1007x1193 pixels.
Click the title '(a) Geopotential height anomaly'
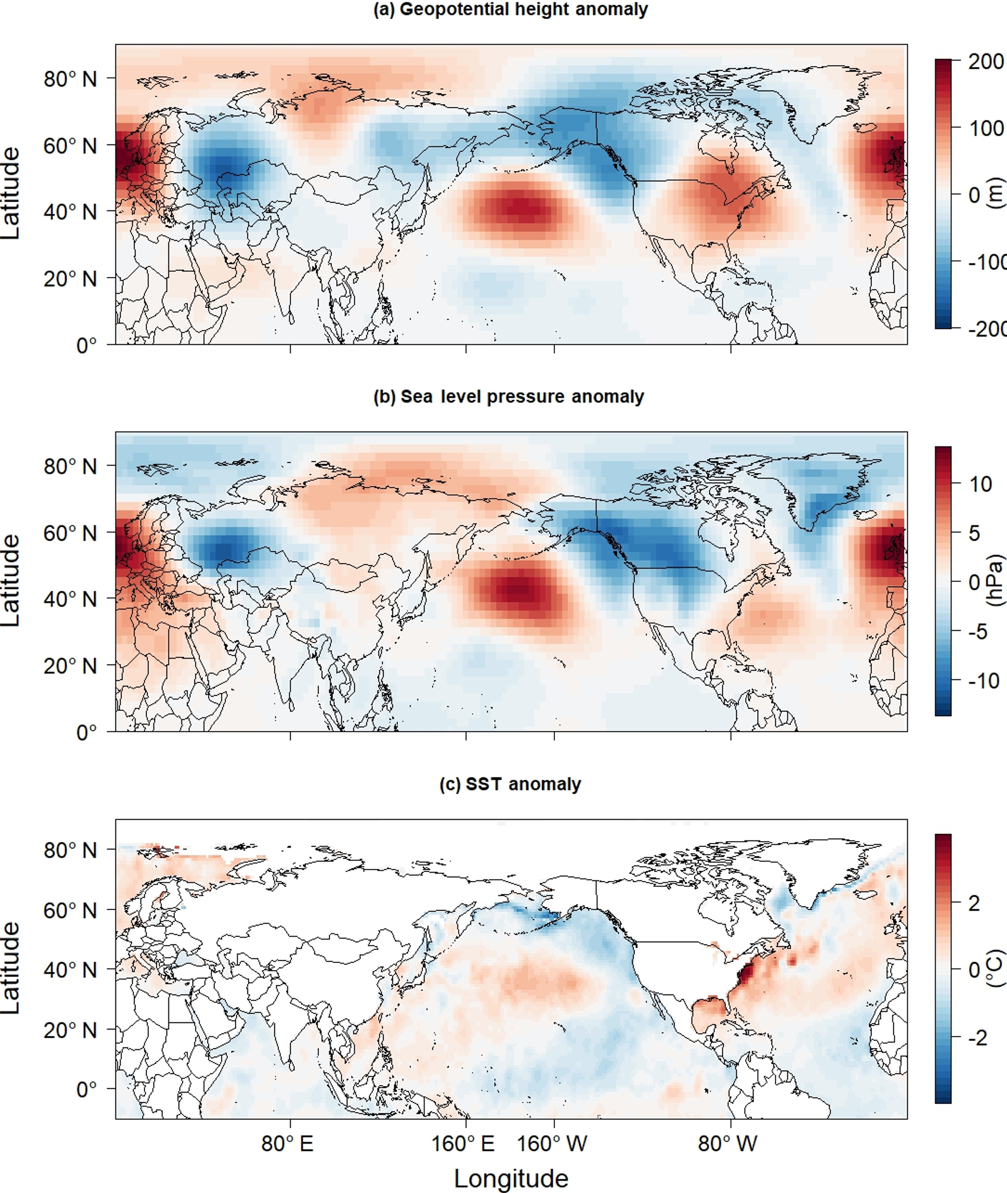[510, 10]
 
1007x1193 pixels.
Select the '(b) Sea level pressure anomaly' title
[509, 396]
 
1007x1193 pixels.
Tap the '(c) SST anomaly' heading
[510, 784]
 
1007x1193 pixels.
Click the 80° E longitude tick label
[287, 1143]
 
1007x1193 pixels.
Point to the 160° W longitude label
[552, 1143]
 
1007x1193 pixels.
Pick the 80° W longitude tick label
[727, 1143]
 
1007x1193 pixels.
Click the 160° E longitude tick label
[463, 1143]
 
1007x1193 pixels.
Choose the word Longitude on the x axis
[511, 1178]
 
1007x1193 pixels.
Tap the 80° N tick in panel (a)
[70, 78]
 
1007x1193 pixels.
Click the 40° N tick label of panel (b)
[70, 599]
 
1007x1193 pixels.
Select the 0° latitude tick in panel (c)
[86, 1090]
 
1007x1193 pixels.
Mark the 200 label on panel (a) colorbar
[986, 61]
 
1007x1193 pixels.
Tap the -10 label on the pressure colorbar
[984, 680]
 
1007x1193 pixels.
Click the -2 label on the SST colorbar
[978, 1037]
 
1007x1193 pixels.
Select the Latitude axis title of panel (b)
[11, 581]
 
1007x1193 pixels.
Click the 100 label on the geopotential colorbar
[986, 128]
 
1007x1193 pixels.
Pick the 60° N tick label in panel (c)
[70, 910]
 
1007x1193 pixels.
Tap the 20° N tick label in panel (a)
[70, 278]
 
